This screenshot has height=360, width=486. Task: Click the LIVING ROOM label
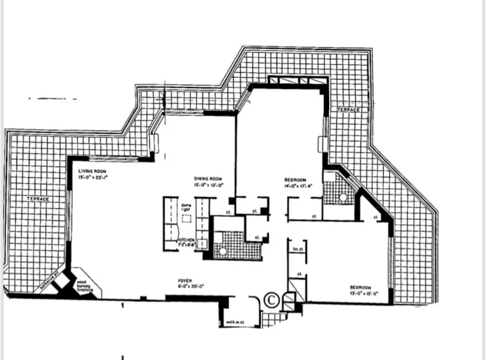pos(92,171)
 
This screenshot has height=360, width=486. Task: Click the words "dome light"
pos(186,207)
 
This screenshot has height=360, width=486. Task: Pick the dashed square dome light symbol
pos(186,219)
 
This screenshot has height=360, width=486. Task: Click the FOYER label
pos(185,281)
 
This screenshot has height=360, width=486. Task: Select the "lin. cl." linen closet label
pos(297,248)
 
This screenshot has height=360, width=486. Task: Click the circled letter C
pos(272,298)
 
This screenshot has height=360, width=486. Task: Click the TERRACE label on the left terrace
pos(38,198)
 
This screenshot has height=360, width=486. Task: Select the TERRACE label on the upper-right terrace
pos(349,110)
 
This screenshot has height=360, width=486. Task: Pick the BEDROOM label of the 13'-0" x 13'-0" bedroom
pos(360,287)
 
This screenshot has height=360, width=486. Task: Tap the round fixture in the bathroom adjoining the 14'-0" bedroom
pos(343,197)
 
